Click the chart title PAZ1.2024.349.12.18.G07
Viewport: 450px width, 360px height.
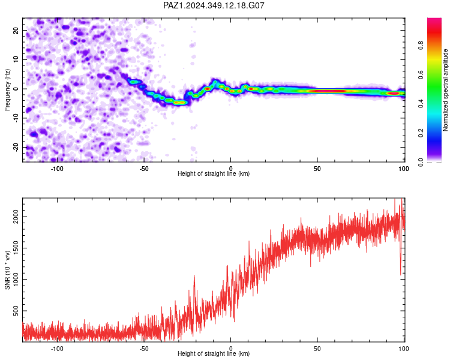[214, 5]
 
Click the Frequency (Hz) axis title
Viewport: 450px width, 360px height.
[7, 90]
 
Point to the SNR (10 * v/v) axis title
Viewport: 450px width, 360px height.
[7, 270]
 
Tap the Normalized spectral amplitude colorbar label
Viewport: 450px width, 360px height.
[445, 90]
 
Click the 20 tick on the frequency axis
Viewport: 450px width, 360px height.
[16, 30]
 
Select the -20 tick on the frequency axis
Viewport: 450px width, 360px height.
[16, 147]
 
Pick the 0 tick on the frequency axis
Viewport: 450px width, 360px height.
[16, 89]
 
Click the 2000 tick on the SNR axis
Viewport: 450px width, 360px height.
[16, 217]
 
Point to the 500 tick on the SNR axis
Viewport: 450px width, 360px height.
[16, 311]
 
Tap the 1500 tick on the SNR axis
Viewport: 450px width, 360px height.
[16, 248]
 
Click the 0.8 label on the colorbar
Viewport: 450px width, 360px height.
[421, 46]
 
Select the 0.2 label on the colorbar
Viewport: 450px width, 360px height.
[421, 133]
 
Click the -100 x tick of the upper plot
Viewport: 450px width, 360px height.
[57, 169]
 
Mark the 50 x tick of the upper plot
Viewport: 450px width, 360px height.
[317, 169]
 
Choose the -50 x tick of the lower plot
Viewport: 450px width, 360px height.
[144, 349]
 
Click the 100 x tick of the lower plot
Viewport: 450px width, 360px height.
[404, 349]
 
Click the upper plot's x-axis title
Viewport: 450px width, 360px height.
[214, 173]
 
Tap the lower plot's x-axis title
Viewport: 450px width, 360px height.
[214, 353]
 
